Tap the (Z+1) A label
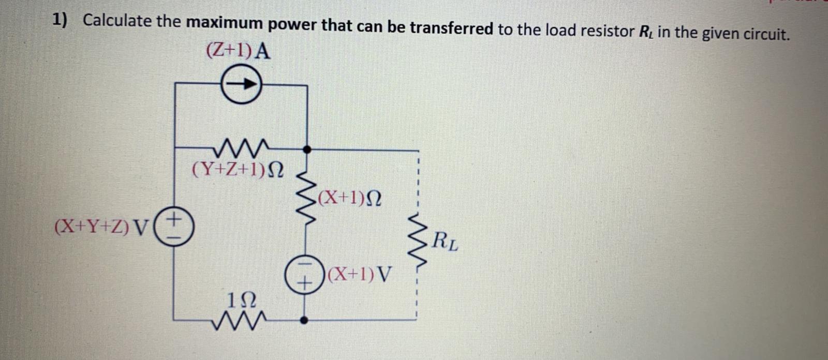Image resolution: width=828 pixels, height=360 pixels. pos(238,51)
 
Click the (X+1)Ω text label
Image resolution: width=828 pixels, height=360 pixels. pos(351,197)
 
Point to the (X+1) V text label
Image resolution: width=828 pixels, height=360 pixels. pos(361,273)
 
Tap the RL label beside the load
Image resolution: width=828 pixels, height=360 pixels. pos(445,242)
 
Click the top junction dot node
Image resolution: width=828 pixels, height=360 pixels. pos(307,149)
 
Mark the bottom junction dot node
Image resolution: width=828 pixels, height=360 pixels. pos(305,320)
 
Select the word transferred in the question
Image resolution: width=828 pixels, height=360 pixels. pos(451,28)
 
